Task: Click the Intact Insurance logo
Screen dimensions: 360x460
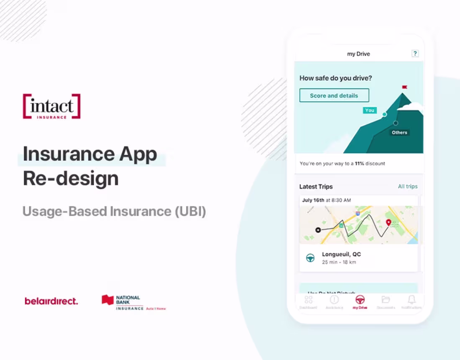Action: pyautogui.click(x=51, y=106)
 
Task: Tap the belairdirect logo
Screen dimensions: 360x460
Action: pyautogui.click(x=51, y=301)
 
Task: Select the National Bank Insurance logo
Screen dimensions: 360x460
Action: pyautogui.click(x=133, y=302)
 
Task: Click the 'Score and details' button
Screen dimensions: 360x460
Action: pyautogui.click(x=334, y=95)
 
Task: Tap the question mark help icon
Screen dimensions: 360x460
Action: pyautogui.click(x=415, y=54)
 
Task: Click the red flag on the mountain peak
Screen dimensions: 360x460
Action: pyautogui.click(x=404, y=87)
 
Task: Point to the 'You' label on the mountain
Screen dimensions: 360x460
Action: pyautogui.click(x=370, y=110)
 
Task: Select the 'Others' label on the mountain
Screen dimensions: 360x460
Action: pyautogui.click(x=399, y=132)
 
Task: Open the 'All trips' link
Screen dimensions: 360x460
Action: pyautogui.click(x=407, y=186)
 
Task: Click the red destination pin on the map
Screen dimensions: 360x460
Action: pyautogui.click(x=388, y=222)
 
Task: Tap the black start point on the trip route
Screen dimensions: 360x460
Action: pyautogui.click(x=318, y=230)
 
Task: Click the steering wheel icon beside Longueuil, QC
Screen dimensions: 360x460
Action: pyautogui.click(x=310, y=258)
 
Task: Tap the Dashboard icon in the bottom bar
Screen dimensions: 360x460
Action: pyautogui.click(x=309, y=300)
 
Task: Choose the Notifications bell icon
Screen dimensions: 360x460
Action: pyautogui.click(x=411, y=300)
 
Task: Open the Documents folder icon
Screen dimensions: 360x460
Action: pyautogui.click(x=386, y=300)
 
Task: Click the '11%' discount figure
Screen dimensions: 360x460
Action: pyautogui.click(x=359, y=163)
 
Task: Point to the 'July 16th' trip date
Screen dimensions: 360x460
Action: pyautogui.click(x=313, y=200)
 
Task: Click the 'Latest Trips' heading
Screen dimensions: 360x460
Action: pyautogui.click(x=316, y=186)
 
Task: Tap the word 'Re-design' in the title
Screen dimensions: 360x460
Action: pyautogui.click(x=71, y=178)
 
